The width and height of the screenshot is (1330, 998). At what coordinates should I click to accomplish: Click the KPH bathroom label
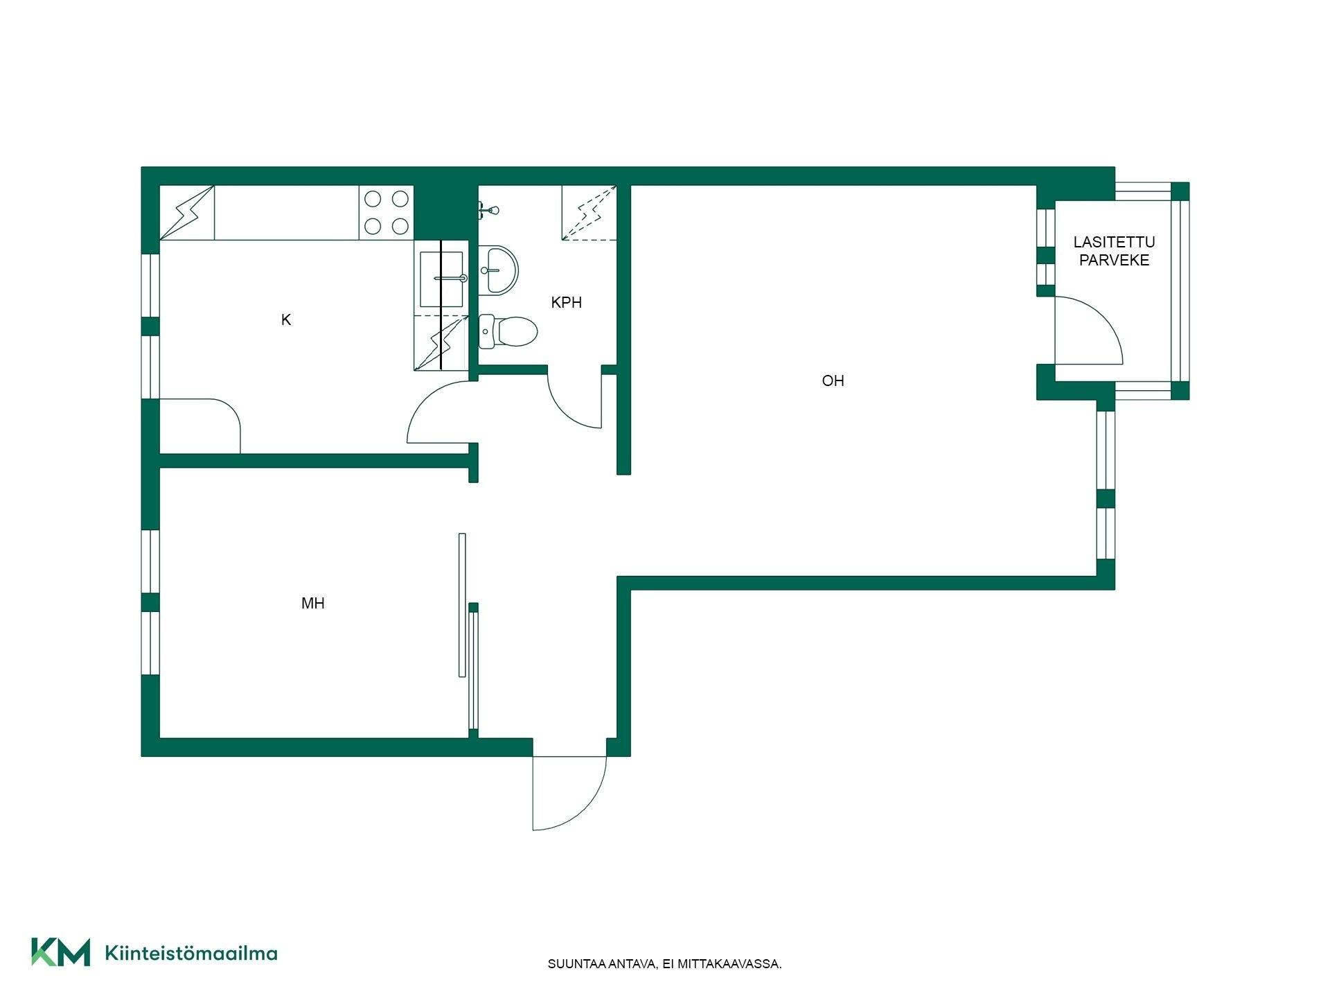click(566, 302)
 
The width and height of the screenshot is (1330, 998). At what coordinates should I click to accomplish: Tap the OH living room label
click(833, 380)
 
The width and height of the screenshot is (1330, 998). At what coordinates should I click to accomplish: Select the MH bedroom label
click(313, 603)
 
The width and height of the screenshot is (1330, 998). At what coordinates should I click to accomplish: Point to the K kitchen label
click(286, 319)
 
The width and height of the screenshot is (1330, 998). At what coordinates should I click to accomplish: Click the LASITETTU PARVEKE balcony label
click(1114, 251)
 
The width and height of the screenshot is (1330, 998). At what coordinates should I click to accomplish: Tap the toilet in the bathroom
click(508, 331)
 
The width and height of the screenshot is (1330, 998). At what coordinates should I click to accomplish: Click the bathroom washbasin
click(499, 269)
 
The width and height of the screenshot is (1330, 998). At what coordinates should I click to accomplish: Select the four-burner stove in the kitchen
click(387, 212)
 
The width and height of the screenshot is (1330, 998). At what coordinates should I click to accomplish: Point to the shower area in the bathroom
click(589, 213)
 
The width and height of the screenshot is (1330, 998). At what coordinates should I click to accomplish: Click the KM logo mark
click(60, 952)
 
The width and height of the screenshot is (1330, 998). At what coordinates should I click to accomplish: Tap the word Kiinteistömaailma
click(191, 953)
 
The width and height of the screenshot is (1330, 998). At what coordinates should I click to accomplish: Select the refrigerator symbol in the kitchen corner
click(187, 213)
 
